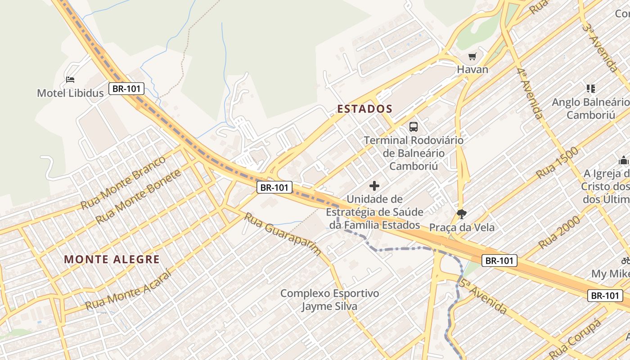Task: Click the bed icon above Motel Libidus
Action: coord(70,80)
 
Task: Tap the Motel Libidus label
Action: coord(70,93)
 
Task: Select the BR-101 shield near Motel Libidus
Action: coord(126,89)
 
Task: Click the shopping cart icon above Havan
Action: coord(472,57)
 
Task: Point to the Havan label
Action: coord(472,70)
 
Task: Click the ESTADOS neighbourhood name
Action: coord(365,109)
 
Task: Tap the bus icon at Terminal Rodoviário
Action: coord(413,127)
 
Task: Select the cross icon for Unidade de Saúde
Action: coord(374,185)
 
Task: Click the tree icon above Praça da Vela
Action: coord(461,214)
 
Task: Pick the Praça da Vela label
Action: coord(462,227)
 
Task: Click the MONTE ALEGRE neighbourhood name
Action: coord(112,259)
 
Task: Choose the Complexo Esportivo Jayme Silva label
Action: coord(329,300)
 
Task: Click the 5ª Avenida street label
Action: coord(483,296)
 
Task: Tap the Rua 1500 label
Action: coord(557,163)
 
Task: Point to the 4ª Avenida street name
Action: coord(530,94)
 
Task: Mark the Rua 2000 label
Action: coord(559,232)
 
